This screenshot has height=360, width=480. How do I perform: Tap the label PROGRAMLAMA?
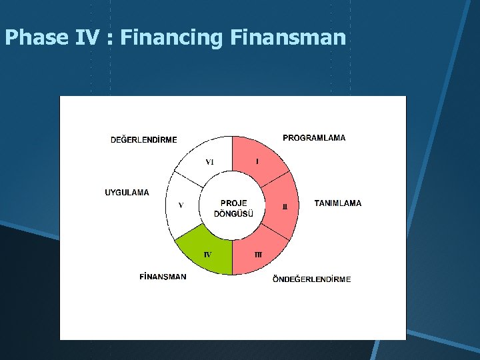(314, 138)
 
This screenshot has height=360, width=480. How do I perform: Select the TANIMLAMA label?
(337, 203)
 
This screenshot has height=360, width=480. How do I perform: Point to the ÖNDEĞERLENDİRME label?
(311, 279)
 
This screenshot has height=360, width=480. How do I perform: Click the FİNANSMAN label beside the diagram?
(163, 277)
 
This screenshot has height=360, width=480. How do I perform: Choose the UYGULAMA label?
(127, 193)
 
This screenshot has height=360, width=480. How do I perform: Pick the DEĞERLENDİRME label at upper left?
(143, 140)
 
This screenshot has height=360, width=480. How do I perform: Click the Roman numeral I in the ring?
(257, 161)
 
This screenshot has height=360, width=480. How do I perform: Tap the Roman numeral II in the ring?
(285, 207)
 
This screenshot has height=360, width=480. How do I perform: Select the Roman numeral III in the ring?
(258, 255)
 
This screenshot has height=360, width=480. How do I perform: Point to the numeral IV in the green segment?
(207, 255)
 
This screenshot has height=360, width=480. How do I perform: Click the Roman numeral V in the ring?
(181, 205)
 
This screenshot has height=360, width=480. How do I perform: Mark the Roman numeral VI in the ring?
(209, 162)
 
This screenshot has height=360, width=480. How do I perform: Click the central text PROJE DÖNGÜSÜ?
(233, 209)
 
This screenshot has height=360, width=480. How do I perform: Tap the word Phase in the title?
(36, 38)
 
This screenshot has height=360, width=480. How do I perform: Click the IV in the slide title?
(87, 38)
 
